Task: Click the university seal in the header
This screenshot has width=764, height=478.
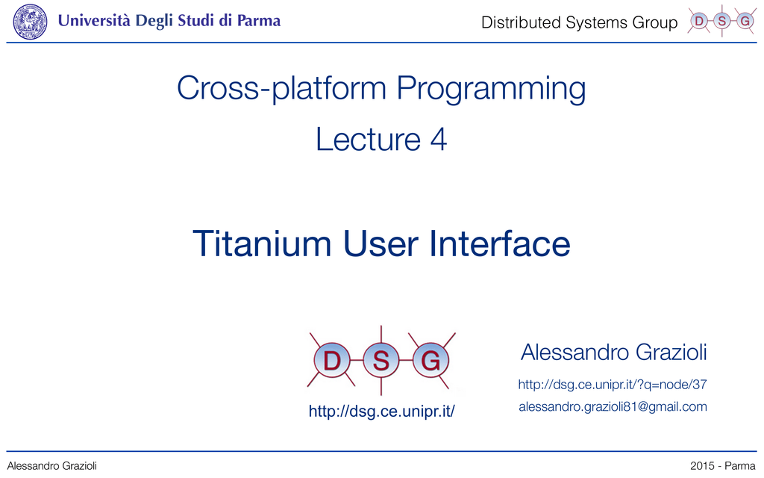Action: (30, 22)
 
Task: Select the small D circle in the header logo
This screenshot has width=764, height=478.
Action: (699, 21)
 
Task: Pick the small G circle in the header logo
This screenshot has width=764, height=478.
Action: (745, 21)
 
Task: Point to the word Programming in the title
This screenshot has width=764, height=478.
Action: (491, 90)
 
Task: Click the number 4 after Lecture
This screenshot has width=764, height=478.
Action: (439, 140)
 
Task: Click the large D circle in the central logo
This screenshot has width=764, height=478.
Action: (332, 361)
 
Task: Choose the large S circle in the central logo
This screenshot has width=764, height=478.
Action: (381, 361)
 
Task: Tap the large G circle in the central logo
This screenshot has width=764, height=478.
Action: (430, 361)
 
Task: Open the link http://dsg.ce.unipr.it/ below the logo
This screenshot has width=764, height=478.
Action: (381, 412)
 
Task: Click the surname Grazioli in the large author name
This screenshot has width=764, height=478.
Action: (671, 353)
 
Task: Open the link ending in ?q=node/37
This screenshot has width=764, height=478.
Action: (613, 385)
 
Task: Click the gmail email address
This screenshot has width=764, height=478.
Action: (613, 407)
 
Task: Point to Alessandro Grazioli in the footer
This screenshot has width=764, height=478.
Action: (51, 466)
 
